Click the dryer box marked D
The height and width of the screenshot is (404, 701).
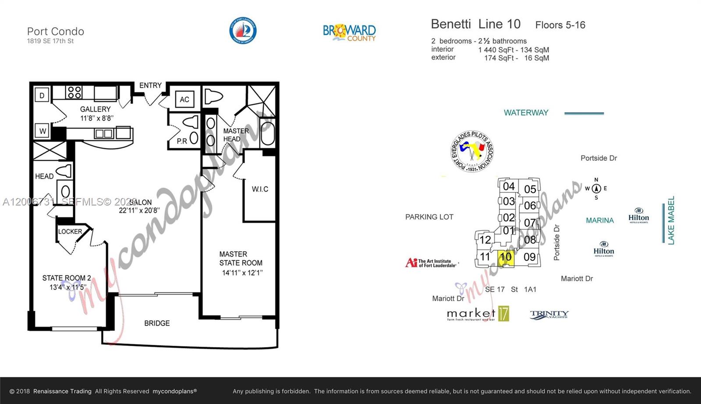(x=42, y=95)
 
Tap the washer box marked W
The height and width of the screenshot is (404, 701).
(x=42, y=131)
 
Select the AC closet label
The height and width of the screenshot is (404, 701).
(x=184, y=99)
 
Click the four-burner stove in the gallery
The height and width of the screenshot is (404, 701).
(x=74, y=92)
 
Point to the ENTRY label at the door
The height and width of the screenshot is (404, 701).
(x=150, y=85)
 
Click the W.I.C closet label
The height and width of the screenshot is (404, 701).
(x=260, y=189)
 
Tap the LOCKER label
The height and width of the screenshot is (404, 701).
(x=70, y=231)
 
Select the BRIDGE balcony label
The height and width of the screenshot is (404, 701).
(x=157, y=323)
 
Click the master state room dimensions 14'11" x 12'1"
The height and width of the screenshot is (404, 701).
(x=242, y=273)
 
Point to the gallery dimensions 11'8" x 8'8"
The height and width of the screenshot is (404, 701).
(x=96, y=118)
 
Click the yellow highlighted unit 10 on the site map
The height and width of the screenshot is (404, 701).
(x=506, y=257)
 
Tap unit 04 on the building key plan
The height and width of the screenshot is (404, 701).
(x=509, y=186)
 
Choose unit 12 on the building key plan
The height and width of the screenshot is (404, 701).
(x=485, y=240)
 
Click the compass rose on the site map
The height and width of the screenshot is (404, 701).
(x=596, y=189)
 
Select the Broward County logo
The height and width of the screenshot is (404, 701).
(x=349, y=32)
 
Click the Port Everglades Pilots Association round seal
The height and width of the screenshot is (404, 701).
(x=472, y=151)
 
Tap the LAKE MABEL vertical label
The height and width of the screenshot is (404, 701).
(x=671, y=220)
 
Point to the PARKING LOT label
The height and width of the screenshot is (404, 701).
(x=429, y=217)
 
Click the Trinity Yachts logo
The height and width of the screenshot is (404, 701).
(x=549, y=314)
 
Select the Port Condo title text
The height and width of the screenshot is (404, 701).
(x=56, y=32)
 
